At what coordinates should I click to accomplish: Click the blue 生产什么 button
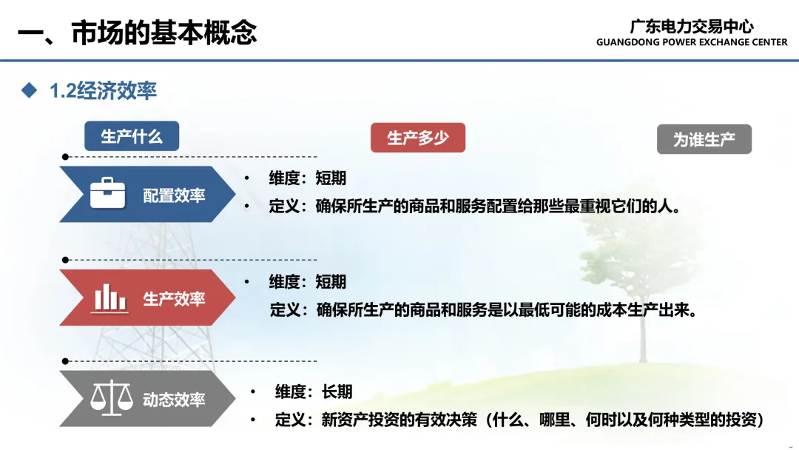click(x=132, y=136)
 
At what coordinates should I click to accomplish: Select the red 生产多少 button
click(x=418, y=138)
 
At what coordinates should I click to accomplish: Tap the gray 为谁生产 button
click(x=704, y=139)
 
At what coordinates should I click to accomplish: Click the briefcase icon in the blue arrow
click(x=107, y=193)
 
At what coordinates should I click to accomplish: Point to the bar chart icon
click(x=109, y=298)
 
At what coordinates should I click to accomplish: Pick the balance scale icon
click(x=111, y=397)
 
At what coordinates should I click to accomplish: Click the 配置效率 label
click(x=174, y=195)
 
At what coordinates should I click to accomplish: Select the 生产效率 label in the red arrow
click(x=174, y=298)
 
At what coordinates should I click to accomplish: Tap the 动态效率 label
click(x=174, y=400)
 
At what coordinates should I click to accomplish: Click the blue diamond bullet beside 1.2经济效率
click(x=29, y=90)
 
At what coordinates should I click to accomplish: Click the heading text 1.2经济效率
click(x=103, y=91)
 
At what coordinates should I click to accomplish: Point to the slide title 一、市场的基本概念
click(x=137, y=33)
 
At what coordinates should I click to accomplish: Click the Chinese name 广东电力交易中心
click(x=692, y=26)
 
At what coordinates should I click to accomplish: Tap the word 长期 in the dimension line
click(x=337, y=392)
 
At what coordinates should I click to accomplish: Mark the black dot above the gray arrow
click(x=65, y=361)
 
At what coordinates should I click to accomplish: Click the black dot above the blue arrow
click(x=65, y=157)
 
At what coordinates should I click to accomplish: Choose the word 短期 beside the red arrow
click(x=331, y=281)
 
